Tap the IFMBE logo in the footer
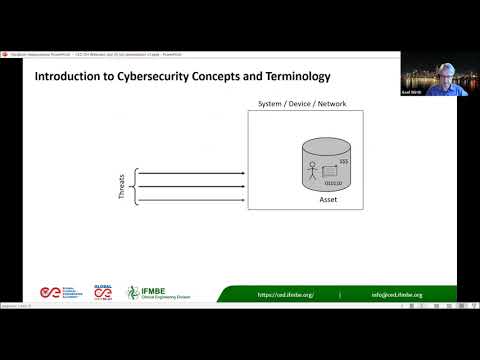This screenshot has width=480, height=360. click(x=148, y=292)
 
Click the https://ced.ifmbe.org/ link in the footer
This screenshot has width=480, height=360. click(x=286, y=295)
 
